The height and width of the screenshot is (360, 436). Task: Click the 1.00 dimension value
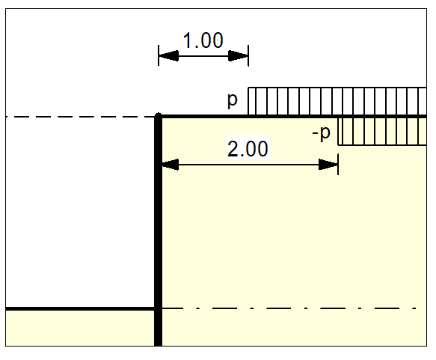point(203,40)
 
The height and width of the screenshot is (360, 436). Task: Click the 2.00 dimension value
point(247,149)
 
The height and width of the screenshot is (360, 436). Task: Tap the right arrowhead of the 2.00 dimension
point(329,164)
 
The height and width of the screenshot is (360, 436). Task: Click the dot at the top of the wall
point(159,116)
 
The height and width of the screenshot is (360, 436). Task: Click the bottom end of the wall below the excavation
point(159,341)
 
